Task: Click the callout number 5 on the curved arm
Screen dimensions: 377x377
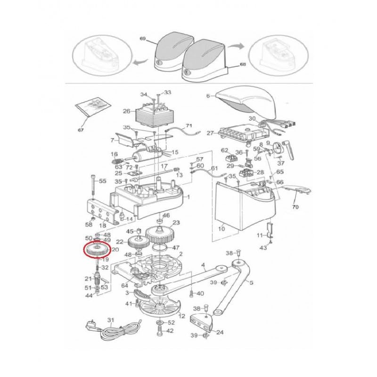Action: (x=252, y=283)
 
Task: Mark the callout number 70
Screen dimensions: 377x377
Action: (x=296, y=206)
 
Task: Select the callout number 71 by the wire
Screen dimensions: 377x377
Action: (x=189, y=126)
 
